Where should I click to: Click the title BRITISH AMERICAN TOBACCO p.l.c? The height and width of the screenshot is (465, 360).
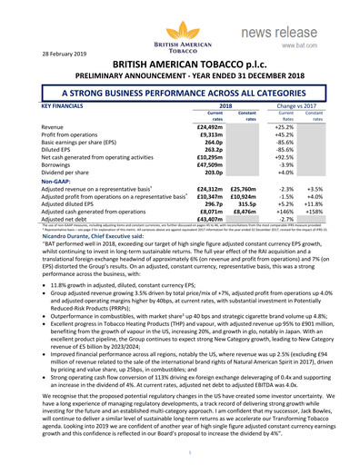click(179, 65)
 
